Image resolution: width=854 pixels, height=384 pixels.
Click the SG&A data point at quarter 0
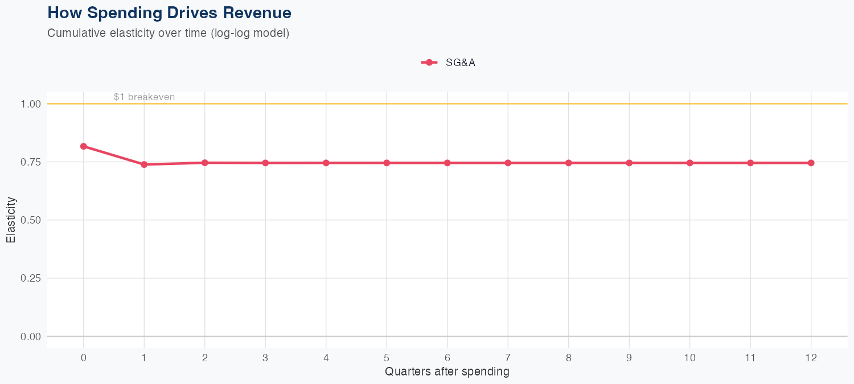pos(84,146)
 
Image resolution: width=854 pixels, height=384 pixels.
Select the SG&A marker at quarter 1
pos(144,164)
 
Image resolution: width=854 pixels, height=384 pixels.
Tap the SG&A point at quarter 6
pos(447,163)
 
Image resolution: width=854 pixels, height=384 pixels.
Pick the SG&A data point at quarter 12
pos(811,163)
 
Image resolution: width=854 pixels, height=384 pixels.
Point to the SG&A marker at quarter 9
pos(629,163)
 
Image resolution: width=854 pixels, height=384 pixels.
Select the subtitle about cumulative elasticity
pos(169,33)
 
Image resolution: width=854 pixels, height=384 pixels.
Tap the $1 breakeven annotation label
pos(144,97)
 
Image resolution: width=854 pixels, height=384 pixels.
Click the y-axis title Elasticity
pos(11,220)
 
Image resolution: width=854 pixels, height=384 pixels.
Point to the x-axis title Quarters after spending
pos(447,372)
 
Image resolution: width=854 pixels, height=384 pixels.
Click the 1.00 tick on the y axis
pos(30,104)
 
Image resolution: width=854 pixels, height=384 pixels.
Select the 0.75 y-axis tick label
pos(30,162)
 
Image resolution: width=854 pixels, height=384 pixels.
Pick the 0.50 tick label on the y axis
pos(30,220)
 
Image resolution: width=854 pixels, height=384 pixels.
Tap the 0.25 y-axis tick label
pos(30,278)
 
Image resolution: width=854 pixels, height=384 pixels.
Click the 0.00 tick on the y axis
pos(30,336)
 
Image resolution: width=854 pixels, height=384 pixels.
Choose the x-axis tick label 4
pos(326,358)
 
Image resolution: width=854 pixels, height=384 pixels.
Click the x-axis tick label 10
pos(689,358)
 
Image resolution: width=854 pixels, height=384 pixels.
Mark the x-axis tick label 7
pos(508,358)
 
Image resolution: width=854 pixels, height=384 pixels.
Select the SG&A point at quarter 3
pos(265,163)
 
